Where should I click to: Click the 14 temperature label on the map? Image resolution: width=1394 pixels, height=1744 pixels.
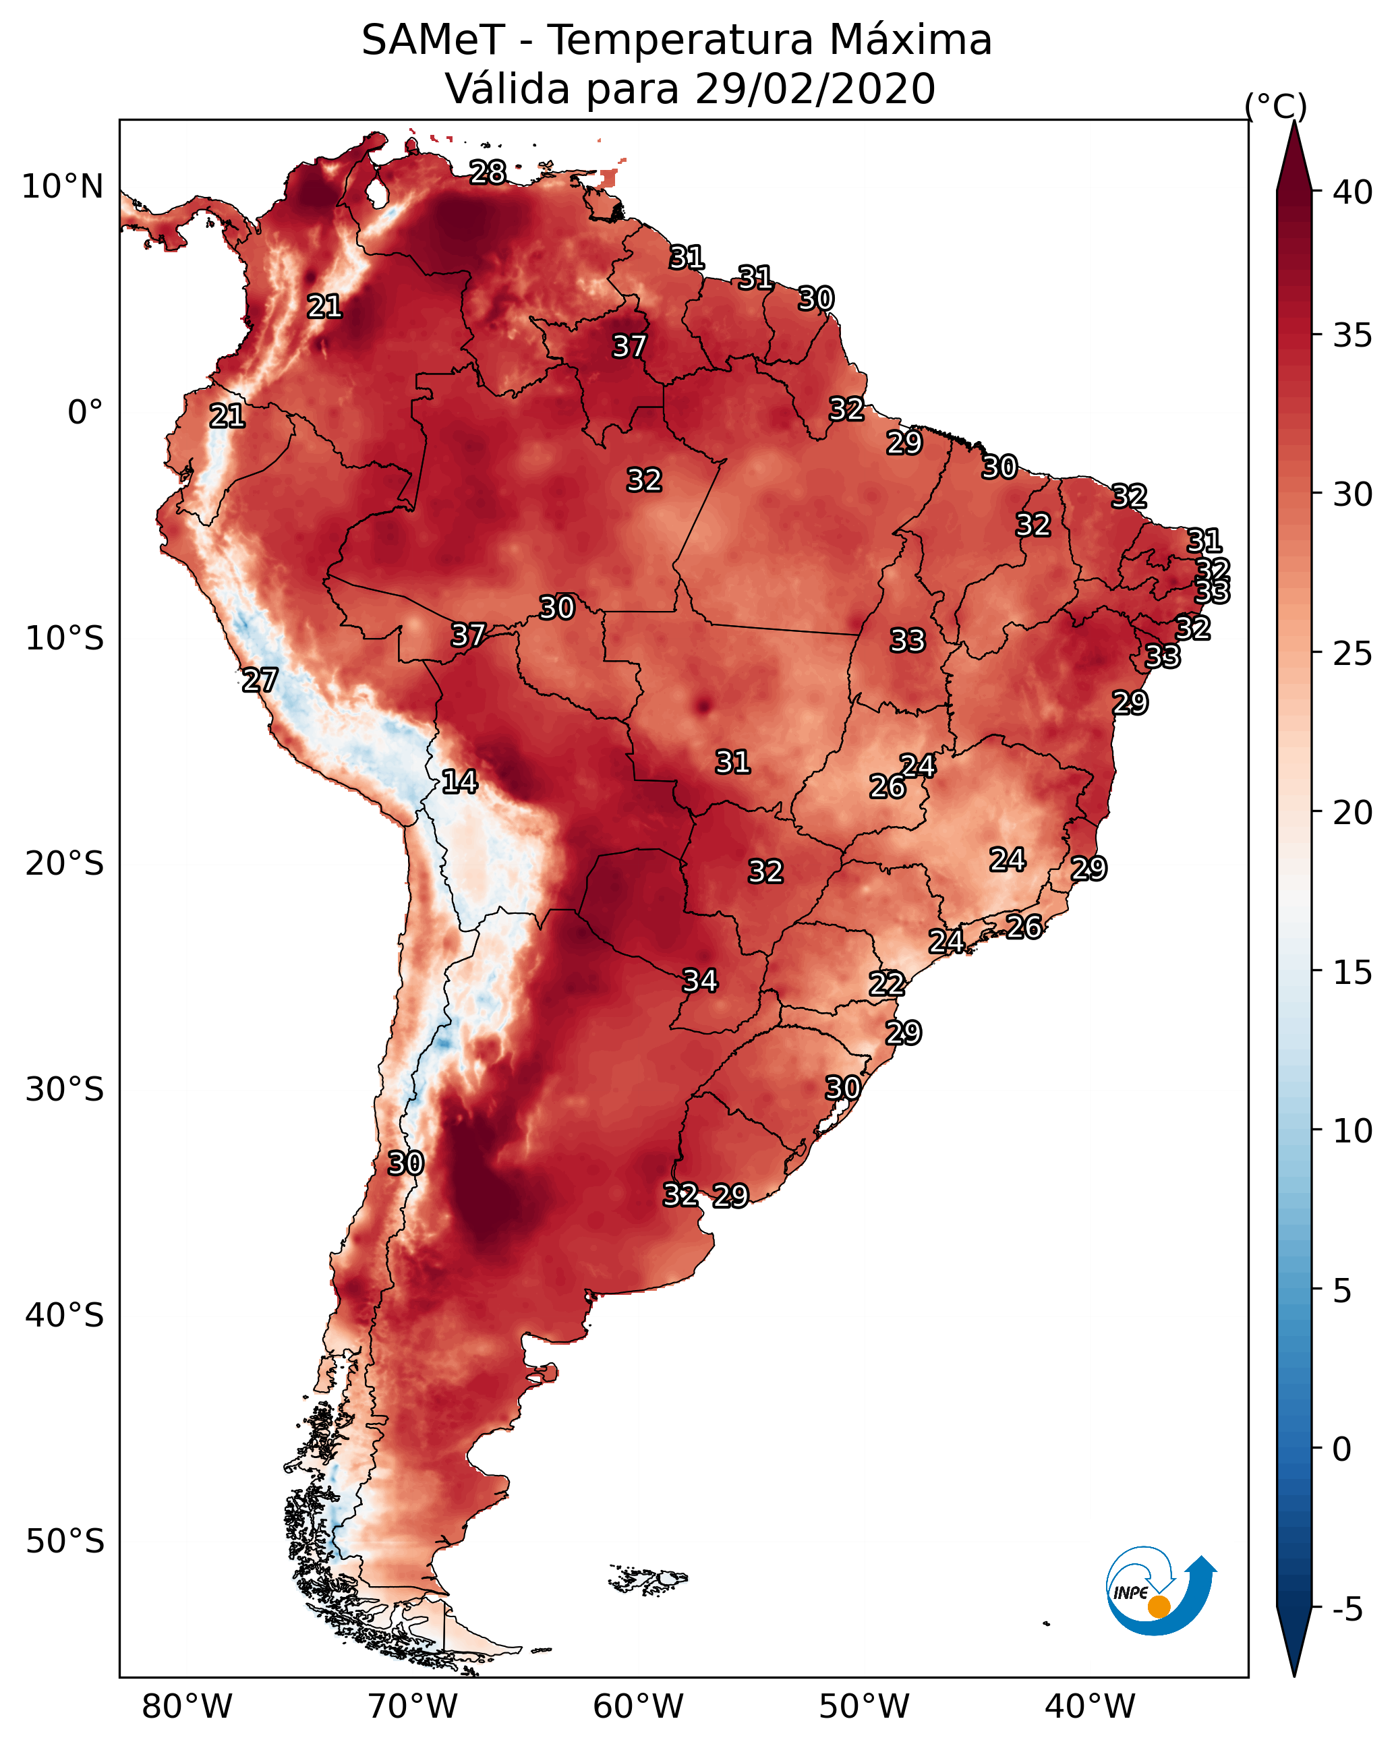459,782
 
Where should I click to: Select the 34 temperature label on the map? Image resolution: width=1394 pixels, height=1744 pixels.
700,981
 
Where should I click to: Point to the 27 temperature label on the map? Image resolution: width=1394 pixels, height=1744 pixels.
260,680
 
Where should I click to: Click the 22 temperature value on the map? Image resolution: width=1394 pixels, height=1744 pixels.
887,984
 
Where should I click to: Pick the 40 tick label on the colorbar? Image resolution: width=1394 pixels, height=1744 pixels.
1353,192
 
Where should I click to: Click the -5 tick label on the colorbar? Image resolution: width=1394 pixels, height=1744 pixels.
1347,1610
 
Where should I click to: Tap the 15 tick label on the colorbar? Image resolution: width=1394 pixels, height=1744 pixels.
1353,972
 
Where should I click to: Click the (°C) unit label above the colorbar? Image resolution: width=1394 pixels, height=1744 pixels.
1275,106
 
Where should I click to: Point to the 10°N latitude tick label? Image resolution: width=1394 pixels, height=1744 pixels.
62,187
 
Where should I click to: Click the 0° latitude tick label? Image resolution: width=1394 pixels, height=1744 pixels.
86,412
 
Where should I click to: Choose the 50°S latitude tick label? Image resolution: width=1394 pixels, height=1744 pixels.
65,1542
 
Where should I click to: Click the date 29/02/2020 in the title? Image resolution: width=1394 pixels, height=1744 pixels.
815,89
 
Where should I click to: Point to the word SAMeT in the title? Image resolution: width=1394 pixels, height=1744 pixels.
433,40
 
